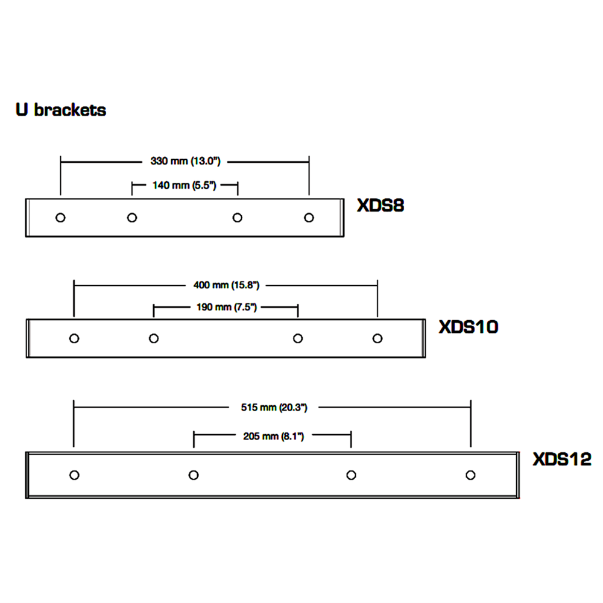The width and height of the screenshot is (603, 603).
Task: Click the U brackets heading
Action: click(60, 110)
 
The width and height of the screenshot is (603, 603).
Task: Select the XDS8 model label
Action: click(380, 206)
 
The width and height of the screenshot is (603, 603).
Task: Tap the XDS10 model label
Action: click(469, 327)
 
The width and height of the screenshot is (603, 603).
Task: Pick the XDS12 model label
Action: click(562, 459)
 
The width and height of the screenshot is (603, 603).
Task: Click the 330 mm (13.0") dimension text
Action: click(184, 161)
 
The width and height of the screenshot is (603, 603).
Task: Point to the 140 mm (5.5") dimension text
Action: click(184, 185)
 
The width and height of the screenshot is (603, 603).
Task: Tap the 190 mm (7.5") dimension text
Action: click(227, 308)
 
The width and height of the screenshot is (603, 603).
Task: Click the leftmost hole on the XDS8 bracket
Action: click(60, 218)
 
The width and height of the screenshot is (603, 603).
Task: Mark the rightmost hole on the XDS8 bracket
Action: click(309, 217)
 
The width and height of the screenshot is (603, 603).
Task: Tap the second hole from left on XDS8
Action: click(132, 218)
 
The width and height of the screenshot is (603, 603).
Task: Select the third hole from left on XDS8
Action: click(238, 218)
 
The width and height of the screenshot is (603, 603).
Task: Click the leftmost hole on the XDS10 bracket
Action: click(74, 338)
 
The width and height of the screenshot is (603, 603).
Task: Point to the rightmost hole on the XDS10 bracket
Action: click(377, 338)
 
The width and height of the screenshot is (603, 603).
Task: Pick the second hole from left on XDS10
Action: click(154, 338)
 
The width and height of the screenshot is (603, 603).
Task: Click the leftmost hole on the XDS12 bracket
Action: click(74, 475)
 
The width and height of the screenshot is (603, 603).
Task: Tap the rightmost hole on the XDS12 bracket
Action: click(470, 475)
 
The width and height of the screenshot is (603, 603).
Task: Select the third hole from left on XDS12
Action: click(351, 475)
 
